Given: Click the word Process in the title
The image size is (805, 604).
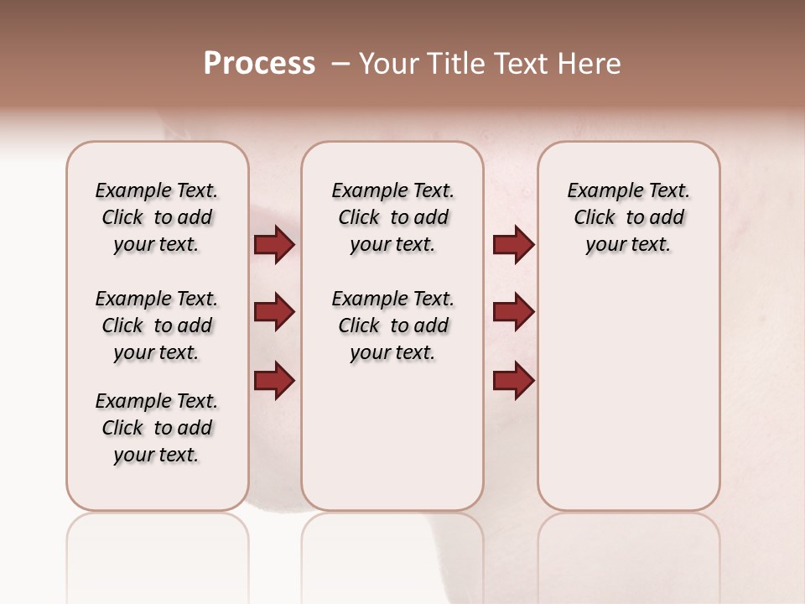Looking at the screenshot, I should coord(259,64).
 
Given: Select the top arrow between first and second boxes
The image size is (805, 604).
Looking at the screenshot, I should coord(274,245).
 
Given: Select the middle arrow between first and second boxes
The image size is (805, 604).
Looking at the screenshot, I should coord(274,312).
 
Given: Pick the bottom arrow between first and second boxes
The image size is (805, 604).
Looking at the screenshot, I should coord(274,380).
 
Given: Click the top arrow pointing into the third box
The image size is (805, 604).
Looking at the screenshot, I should coord(513,245).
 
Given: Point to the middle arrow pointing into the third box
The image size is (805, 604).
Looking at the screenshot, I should coord(513,312).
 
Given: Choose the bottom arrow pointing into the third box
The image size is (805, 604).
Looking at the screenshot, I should coord(513,380).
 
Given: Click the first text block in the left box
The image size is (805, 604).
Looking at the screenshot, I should coord(157,217).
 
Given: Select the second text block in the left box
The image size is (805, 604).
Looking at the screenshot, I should coord(157,325).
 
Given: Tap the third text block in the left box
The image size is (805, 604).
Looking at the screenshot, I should coord(157,428).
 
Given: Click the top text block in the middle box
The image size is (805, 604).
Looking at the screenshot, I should coord(392,217).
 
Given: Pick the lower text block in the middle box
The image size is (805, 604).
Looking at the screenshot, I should coord(392,325).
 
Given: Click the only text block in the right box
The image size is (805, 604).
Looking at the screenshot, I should coord(628,217).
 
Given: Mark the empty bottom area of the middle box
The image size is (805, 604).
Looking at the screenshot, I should coord(392,445).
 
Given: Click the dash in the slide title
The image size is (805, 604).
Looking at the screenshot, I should coord(340,64).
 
